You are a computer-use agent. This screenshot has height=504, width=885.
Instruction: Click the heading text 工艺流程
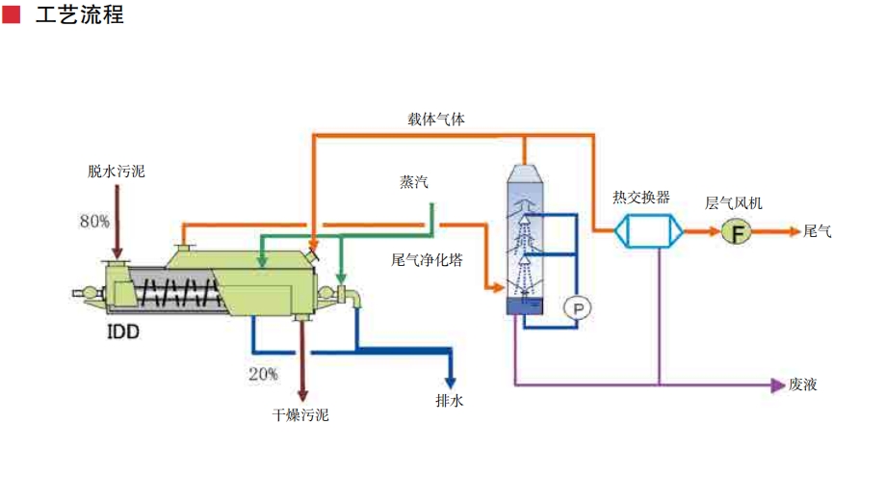pos(79,15)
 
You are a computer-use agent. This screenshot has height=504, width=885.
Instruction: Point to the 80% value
pos(94,222)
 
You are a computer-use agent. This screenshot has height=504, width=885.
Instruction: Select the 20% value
pos(263,373)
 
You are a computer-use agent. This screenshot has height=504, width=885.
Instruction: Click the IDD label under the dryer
pos(122,332)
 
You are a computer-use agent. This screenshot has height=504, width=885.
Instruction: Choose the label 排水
pos(450,400)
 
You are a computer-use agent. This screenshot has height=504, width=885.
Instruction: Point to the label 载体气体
pos(437,119)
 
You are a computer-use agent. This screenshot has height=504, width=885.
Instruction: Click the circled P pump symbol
pos(578,307)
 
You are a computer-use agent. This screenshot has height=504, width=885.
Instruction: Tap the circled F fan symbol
pos(738,231)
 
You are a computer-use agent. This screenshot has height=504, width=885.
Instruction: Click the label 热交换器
pos(641,198)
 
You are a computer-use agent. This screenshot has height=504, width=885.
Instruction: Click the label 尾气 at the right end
pos(817,231)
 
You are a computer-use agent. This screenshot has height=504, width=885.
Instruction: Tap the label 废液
pos(803,385)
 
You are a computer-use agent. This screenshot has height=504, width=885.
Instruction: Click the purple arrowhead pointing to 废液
pos(779,385)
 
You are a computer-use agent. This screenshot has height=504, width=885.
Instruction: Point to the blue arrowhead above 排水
pos(450,379)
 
